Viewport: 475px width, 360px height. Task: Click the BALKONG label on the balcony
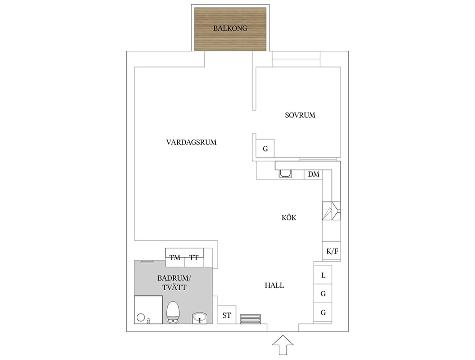click(230, 28)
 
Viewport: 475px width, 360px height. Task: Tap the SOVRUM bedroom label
click(300, 115)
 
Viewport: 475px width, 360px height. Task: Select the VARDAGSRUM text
click(191, 142)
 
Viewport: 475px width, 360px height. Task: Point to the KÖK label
click(289, 217)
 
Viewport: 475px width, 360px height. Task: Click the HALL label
click(274, 285)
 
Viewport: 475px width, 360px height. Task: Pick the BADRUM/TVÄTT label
click(174, 283)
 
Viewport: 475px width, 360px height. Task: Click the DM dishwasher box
click(313, 174)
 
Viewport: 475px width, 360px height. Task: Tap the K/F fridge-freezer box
click(332, 251)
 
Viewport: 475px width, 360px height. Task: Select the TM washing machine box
click(175, 258)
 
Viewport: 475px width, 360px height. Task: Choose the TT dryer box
click(194, 258)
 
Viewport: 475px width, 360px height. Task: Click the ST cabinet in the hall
click(227, 315)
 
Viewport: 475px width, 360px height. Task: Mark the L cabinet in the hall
click(323, 275)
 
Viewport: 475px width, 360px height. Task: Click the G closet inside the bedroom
click(265, 148)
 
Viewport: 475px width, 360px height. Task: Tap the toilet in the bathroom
click(173, 312)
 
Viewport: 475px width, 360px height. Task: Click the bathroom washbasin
click(199, 318)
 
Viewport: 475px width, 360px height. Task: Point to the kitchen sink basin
click(285, 173)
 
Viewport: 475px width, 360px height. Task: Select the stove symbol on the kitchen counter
click(332, 211)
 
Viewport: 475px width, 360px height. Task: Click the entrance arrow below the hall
click(283, 345)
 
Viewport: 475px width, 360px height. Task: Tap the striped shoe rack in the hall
click(250, 319)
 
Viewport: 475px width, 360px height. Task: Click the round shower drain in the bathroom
click(141, 317)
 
